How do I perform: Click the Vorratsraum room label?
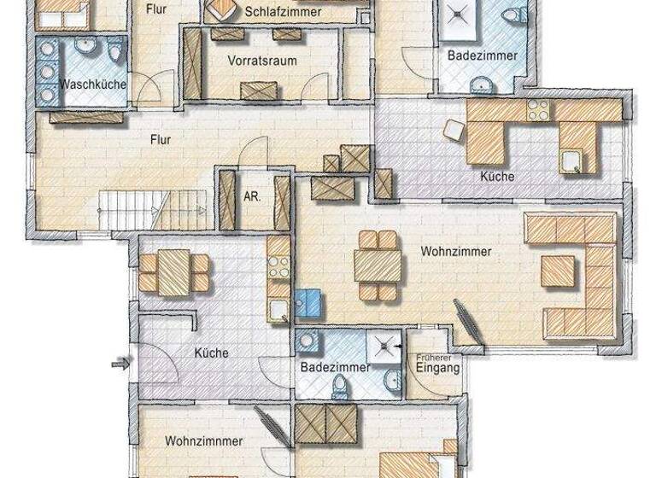(261, 61)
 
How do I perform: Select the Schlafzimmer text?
(282, 12)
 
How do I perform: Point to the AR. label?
(252, 195)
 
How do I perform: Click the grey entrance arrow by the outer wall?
(119, 365)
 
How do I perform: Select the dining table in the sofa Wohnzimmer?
(378, 265)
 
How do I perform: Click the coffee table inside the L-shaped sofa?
(559, 271)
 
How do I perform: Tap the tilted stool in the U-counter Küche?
(454, 129)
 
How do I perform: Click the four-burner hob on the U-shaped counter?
(537, 110)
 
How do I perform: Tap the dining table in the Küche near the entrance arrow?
(175, 270)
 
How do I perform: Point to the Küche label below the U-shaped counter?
(497, 177)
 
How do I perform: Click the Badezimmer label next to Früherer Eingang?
(335, 367)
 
